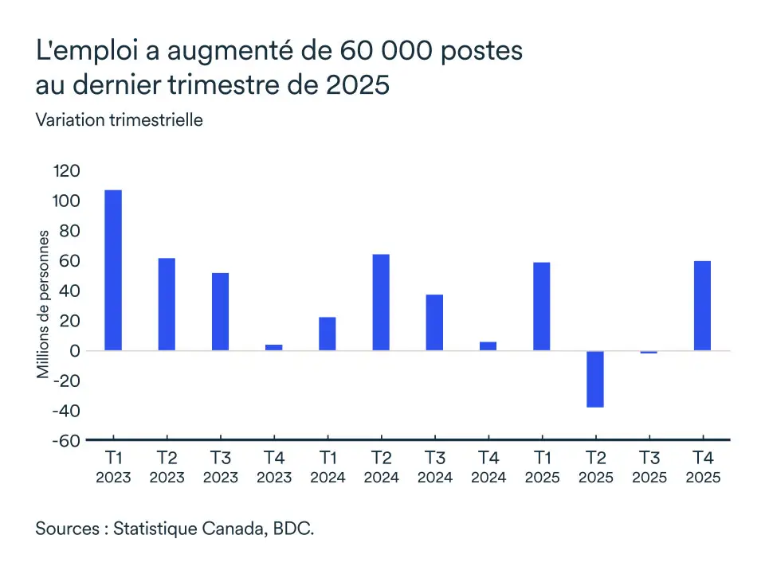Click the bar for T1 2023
point(113,270)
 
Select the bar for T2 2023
point(167,304)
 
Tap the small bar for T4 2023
point(273,347)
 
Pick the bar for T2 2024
point(381,303)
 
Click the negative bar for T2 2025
point(595,379)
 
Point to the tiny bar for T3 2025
point(649,352)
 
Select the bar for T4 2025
point(702,306)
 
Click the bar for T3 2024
point(434,322)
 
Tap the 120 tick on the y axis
point(67,171)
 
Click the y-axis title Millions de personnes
point(44,305)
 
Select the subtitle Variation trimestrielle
point(119,120)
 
